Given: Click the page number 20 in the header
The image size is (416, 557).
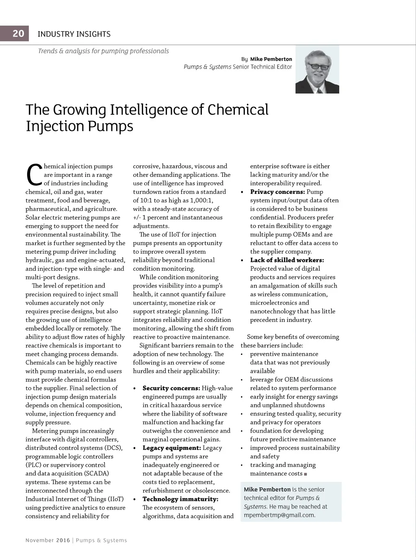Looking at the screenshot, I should pyautogui.click(x=18, y=33).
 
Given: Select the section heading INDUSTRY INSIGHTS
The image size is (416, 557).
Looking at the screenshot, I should pyautogui.click(x=74, y=34).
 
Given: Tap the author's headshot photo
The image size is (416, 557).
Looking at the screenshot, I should pyautogui.click(x=317, y=70).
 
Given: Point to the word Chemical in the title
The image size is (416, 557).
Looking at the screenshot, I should pyautogui.click(x=238, y=110).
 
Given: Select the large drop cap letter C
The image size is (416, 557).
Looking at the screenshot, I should pyautogui.click(x=34, y=175).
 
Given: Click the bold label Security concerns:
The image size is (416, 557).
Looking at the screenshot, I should pyautogui.click(x=171, y=388).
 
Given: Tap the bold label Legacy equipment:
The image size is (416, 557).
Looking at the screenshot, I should pyautogui.click(x=171, y=448).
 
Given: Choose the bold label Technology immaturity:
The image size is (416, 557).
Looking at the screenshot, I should pyautogui.click(x=180, y=499).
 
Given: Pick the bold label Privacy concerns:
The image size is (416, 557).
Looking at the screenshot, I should pyautogui.click(x=277, y=192).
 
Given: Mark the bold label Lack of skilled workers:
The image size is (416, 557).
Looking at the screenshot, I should pyautogui.click(x=287, y=260).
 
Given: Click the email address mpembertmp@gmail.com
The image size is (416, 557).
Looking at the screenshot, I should pyautogui.click(x=279, y=515).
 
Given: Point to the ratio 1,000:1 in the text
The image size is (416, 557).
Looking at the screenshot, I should pyautogui.click(x=200, y=200).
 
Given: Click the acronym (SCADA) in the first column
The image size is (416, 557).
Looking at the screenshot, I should pyautogui.click(x=96, y=474).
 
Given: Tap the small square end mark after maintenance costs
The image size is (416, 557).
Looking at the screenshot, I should pyautogui.click(x=305, y=474).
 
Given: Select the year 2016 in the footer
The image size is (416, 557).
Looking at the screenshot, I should pyautogui.click(x=63, y=540).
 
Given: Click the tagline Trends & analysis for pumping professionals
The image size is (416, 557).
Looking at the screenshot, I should pyautogui.click(x=103, y=51).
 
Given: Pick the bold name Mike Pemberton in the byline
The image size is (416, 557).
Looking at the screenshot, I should pyautogui.click(x=271, y=59).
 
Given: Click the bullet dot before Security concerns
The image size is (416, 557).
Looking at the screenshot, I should pyautogui.click(x=135, y=388).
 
